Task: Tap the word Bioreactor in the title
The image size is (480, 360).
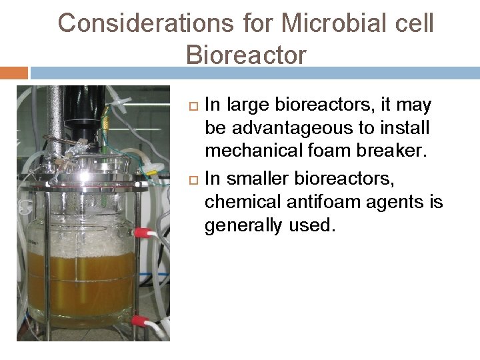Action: click(x=247, y=55)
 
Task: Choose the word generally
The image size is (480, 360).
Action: click(x=244, y=225)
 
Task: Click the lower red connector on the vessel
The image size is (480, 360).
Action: click(x=139, y=320)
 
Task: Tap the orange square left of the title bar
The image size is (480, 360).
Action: click(x=14, y=72)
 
